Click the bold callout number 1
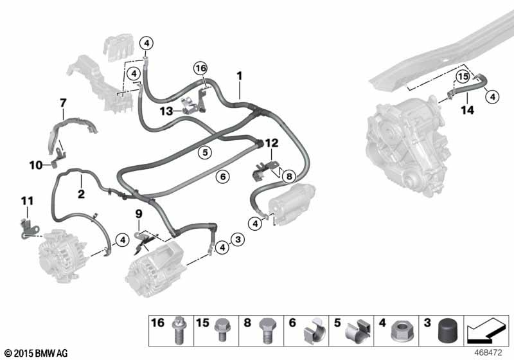click(240, 76)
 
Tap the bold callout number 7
click(63, 103)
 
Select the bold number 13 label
click(166, 111)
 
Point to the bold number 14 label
click(468, 110)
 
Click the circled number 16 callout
click(200, 68)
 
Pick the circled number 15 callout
click(463, 77)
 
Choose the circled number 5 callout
click(205, 152)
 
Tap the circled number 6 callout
click(223, 177)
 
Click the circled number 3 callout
click(238, 240)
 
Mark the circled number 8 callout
click(288, 176)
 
